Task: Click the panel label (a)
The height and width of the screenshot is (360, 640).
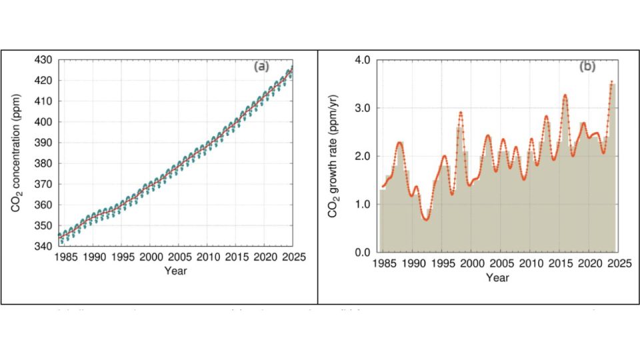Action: (x=261, y=66)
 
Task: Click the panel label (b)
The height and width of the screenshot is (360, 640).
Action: (x=587, y=66)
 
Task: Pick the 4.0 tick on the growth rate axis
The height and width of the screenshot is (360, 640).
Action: (x=362, y=60)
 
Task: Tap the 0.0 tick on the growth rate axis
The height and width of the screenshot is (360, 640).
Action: (x=362, y=253)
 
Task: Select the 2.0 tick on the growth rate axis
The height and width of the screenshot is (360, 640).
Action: (x=362, y=157)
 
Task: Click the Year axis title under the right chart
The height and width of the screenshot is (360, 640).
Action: (x=497, y=277)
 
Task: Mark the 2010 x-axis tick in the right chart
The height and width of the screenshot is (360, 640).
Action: (x=531, y=264)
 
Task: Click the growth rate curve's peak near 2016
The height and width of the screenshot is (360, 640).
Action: (x=565, y=95)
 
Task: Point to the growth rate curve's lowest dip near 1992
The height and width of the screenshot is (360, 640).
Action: (x=426, y=219)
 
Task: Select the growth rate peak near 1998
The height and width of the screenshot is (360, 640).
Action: (x=461, y=112)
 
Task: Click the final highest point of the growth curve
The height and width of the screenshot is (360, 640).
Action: (x=612, y=81)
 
